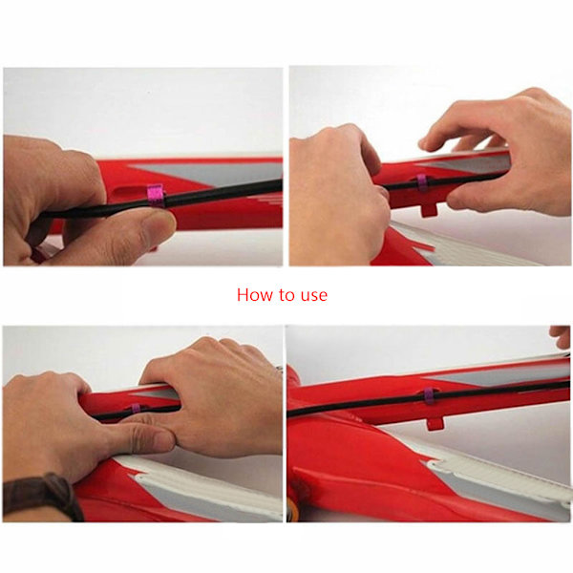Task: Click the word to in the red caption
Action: point(287,295)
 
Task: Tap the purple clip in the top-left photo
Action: point(156,196)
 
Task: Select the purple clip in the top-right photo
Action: point(422,182)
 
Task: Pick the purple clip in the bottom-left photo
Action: point(136,408)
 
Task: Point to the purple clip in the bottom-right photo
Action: point(430,396)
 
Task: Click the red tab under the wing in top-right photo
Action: point(429,209)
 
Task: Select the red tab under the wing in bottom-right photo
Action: point(435,423)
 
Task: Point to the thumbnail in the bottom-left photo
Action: point(158,441)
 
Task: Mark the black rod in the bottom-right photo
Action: point(428,398)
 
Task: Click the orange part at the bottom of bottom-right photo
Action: point(292,510)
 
